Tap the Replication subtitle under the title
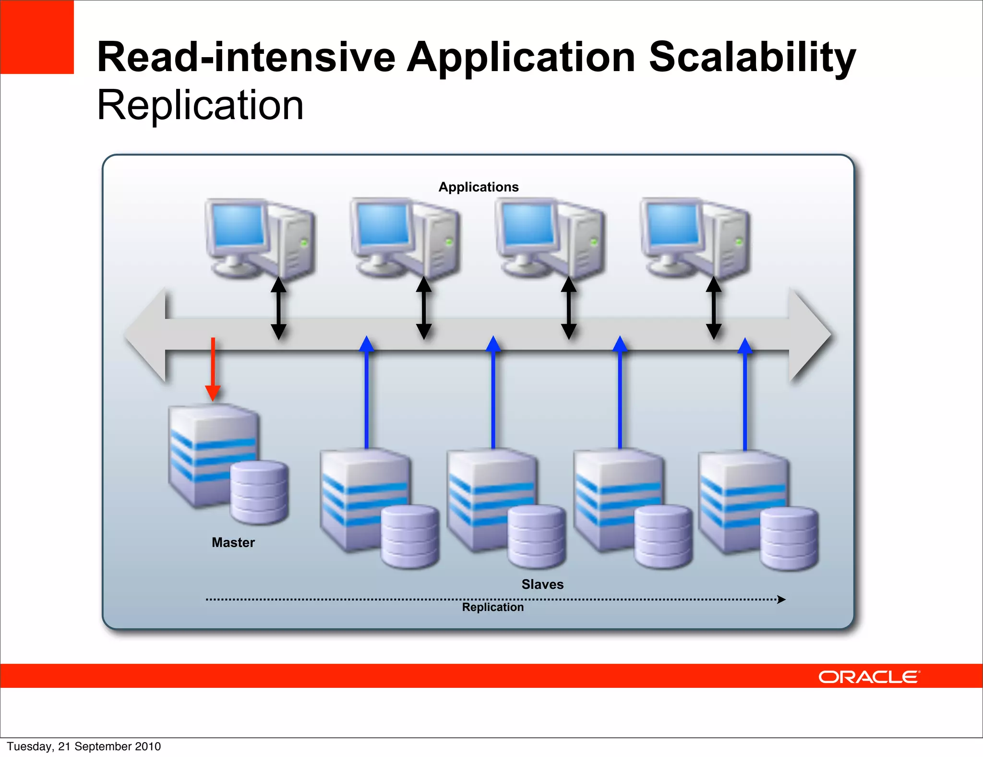200,105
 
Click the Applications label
479,187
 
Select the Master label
233,542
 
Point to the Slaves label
542,584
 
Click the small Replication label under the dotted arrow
493,607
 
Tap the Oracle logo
869,677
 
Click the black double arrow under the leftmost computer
278,308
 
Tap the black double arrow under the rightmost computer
714,308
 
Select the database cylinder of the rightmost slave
789,537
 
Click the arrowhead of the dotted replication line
781,599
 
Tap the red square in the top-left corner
37,37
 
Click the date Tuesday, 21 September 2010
84,746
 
